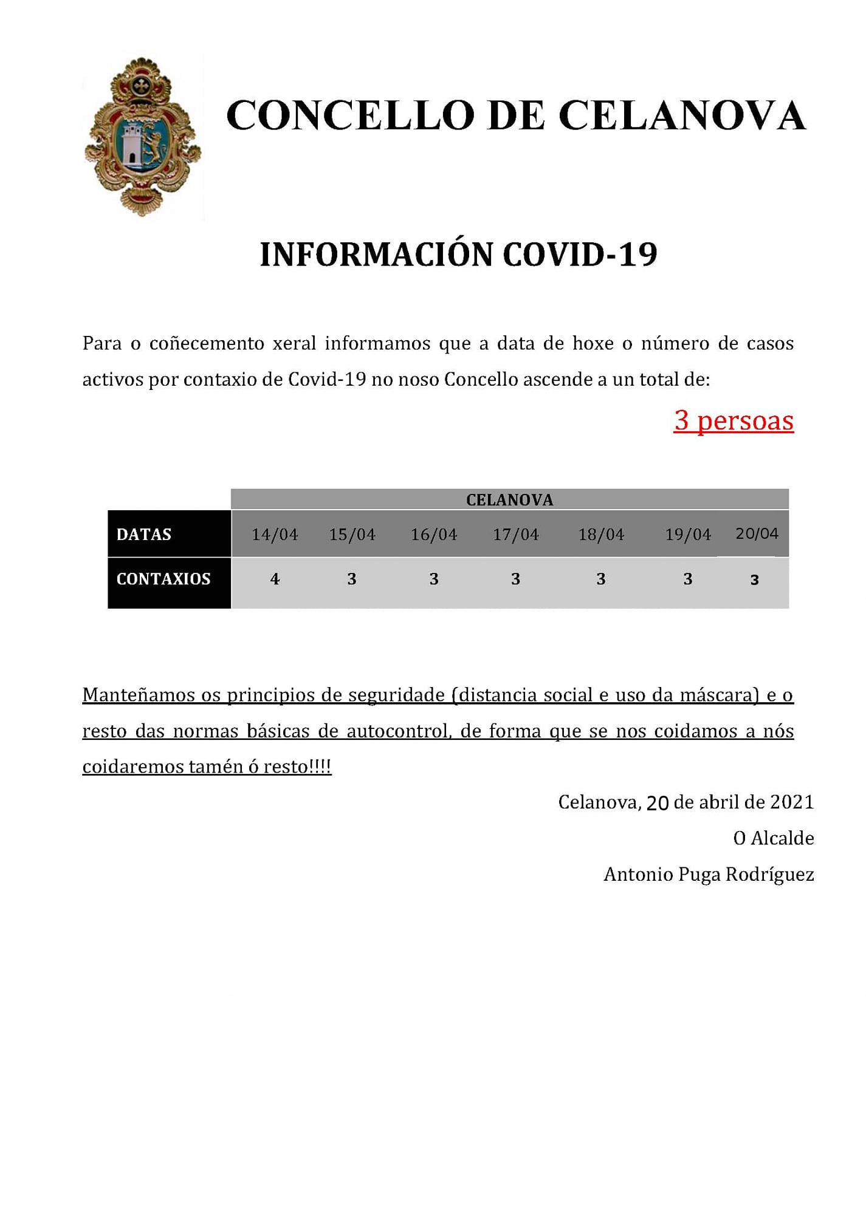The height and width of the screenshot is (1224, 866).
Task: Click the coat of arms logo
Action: (143, 137)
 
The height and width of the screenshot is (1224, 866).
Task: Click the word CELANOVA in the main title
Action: (681, 115)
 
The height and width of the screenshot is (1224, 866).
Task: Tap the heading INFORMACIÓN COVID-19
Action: (458, 255)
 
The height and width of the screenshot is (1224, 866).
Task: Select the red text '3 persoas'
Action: (734, 420)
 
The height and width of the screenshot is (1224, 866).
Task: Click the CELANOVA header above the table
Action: (509, 500)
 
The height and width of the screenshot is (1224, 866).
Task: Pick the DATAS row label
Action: (144, 535)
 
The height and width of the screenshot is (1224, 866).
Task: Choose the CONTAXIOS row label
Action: (163, 579)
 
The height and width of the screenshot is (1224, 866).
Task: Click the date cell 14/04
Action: (275, 535)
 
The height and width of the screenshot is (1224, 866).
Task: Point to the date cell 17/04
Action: (515, 535)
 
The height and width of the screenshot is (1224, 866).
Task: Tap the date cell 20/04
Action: (757, 533)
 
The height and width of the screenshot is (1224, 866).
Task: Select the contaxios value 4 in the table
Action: (275, 579)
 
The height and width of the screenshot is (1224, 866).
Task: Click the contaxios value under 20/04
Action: (754, 580)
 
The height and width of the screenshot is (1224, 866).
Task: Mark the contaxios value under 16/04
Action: (434, 579)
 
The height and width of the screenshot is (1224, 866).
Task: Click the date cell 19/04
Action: (687, 535)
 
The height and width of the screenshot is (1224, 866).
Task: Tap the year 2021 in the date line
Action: (791, 802)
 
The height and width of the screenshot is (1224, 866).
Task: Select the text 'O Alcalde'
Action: (773, 838)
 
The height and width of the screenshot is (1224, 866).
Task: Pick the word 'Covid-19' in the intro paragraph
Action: (327, 380)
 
